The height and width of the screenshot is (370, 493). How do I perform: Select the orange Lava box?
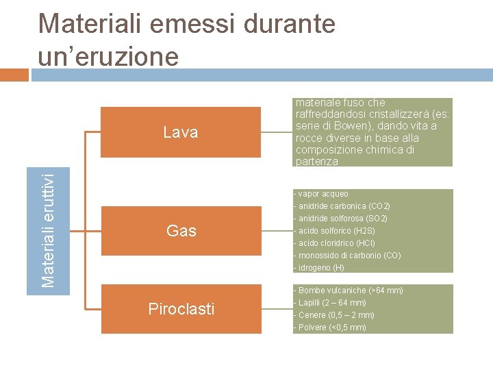click(x=181, y=132)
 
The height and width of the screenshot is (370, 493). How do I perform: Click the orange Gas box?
click(x=181, y=231)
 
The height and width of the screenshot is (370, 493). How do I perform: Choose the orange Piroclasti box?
click(x=181, y=309)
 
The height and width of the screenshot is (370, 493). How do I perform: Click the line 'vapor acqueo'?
click(x=322, y=194)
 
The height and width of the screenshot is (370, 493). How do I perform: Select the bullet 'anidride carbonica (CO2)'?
click(x=342, y=206)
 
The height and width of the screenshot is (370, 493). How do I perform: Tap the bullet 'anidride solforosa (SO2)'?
click(x=341, y=219)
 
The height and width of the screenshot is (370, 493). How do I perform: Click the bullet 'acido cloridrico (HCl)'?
click(x=335, y=243)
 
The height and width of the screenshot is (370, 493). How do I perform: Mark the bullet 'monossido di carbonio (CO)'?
click(x=348, y=256)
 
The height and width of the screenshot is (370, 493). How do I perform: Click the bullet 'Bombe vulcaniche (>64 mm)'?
click(x=349, y=291)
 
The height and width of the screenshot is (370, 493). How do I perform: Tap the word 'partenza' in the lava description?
click(x=317, y=162)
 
